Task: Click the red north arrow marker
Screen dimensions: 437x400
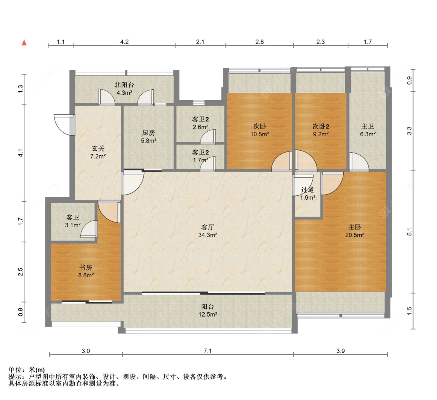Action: pyautogui.click(x=24, y=43)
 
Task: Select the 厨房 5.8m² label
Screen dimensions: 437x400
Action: pyautogui.click(x=148, y=136)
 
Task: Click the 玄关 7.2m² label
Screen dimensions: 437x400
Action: pyautogui.click(x=98, y=152)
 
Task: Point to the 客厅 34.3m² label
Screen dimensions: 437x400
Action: pyautogui.click(x=208, y=231)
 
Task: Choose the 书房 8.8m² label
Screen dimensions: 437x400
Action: pyautogui.click(x=86, y=271)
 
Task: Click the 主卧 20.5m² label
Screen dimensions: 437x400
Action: pyautogui.click(x=355, y=231)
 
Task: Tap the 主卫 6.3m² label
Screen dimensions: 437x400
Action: pyautogui.click(x=367, y=130)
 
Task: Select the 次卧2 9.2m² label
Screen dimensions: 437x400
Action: pyautogui.click(x=321, y=130)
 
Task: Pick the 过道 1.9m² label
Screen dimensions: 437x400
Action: pyautogui.click(x=308, y=194)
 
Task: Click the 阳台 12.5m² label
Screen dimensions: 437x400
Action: pyautogui.click(x=208, y=310)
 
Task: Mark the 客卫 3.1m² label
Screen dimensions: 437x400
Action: pyautogui.click(x=73, y=221)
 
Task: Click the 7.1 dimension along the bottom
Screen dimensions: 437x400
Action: pyautogui.click(x=208, y=351)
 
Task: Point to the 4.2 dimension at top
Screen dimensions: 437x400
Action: pyautogui.click(x=124, y=42)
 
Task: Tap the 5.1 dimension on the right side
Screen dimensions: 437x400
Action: pyautogui.click(x=409, y=232)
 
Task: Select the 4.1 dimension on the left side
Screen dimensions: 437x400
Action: pyautogui.click(x=20, y=153)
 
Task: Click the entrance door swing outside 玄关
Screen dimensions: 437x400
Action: pyautogui.click(x=65, y=125)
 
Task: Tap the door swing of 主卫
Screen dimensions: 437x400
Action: pyautogui.click(x=359, y=162)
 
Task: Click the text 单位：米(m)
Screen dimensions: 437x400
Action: pyautogui.click(x=26, y=370)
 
